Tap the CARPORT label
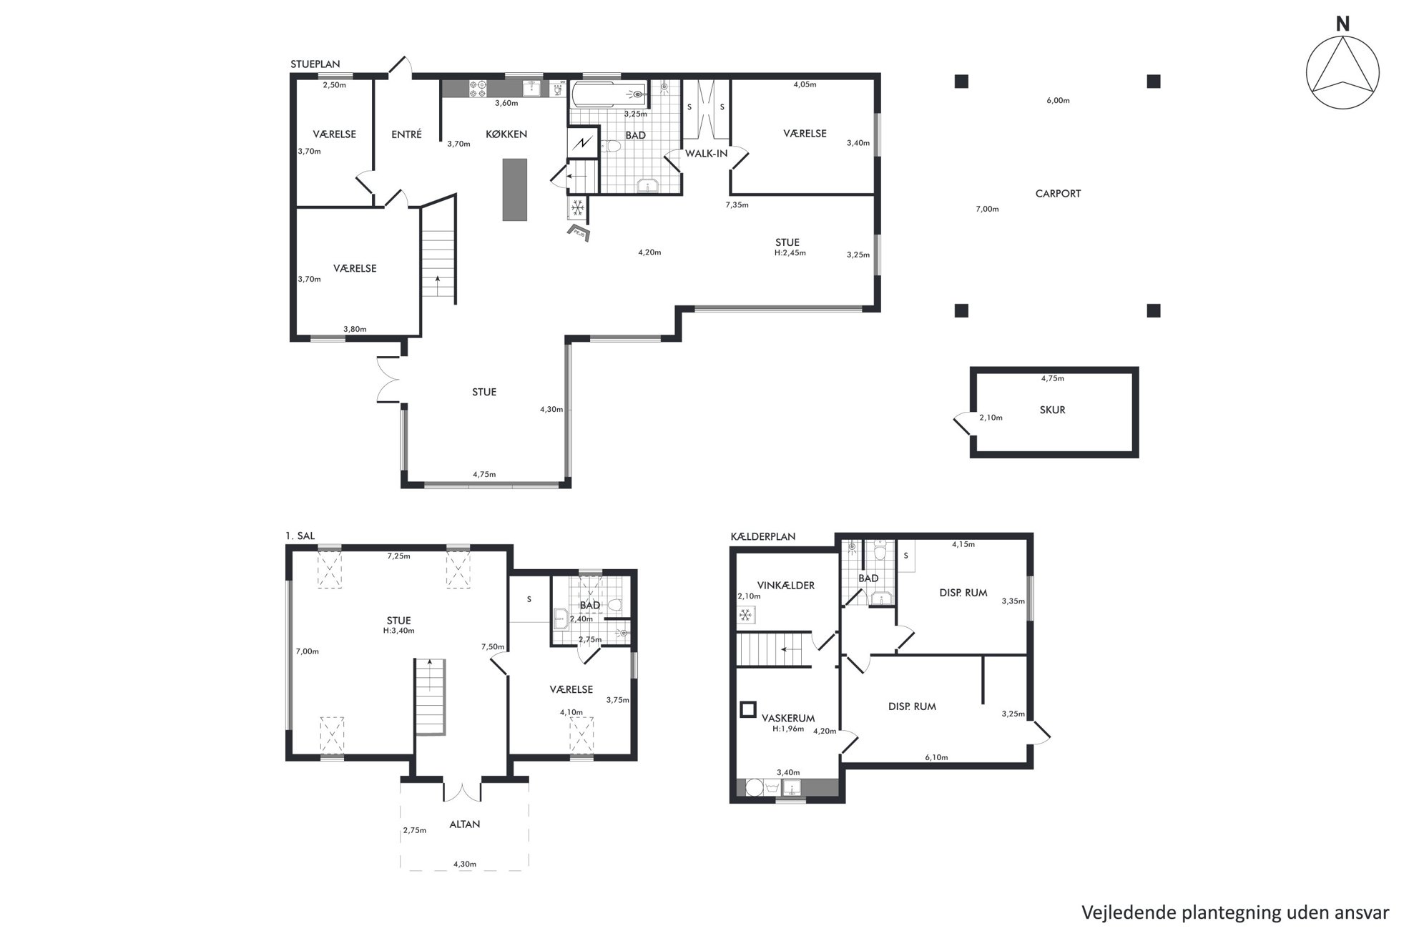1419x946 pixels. (x=1058, y=193)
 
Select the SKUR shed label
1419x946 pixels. (x=1052, y=410)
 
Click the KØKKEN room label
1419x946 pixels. (x=506, y=134)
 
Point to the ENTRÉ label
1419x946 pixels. (x=407, y=134)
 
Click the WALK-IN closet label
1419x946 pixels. (x=706, y=153)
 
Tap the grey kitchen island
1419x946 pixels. (x=515, y=189)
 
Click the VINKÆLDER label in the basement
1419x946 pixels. (x=786, y=585)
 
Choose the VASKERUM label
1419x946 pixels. (x=788, y=719)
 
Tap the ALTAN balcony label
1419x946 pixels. (x=464, y=824)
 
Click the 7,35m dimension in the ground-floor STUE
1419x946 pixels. (x=737, y=205)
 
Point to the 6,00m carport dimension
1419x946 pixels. (x=1058, y=101)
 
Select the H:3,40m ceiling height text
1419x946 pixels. (x=398, y=631)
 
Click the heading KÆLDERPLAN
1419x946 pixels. (x=762, y=536)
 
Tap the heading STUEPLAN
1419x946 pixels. (x=315, y=64)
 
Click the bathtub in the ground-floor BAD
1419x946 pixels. (x=609, y=94)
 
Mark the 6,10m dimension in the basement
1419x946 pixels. (x=936, y=757)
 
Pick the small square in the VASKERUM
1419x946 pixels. (x=747, y=709)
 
